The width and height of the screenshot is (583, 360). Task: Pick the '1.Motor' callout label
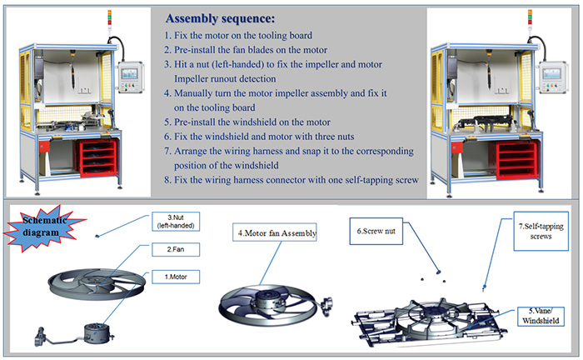coord(173,277)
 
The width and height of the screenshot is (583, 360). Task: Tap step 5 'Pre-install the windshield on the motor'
coord(246,122)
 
